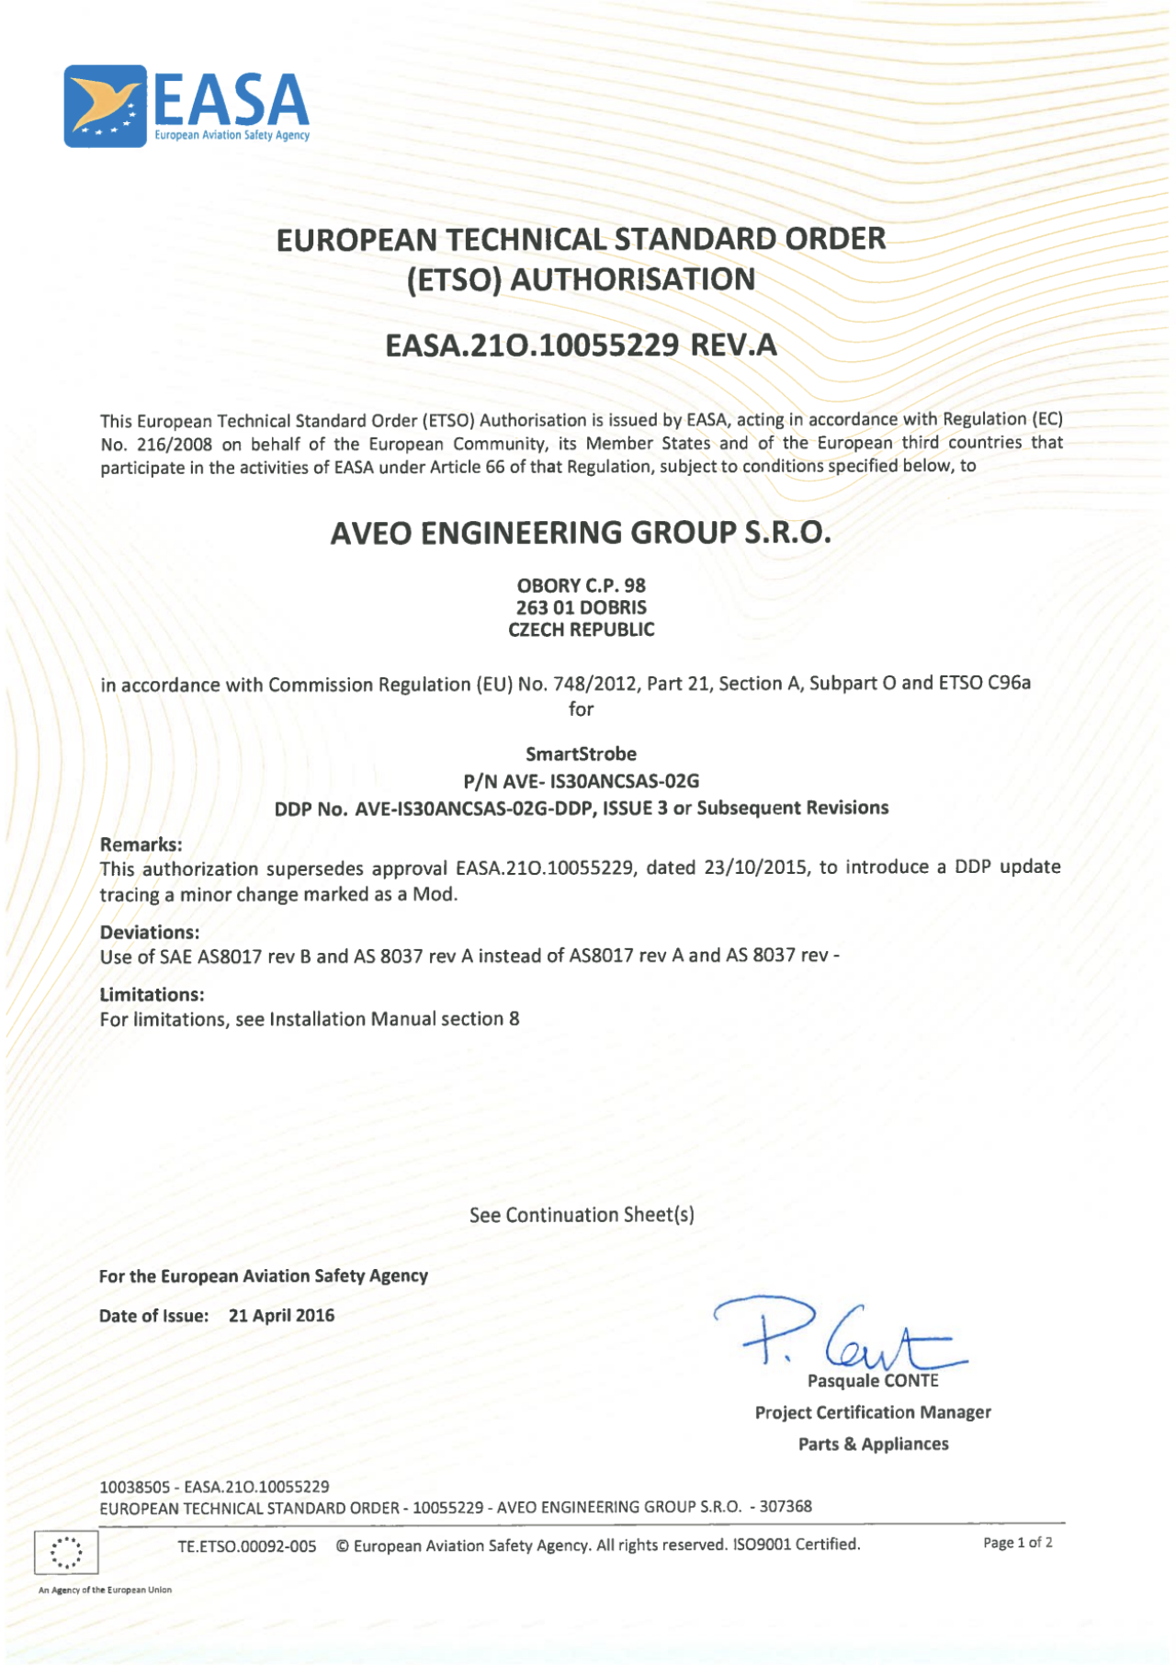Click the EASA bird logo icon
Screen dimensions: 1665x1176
[x=105, y=107]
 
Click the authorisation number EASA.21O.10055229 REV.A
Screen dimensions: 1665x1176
[x=581, y=345]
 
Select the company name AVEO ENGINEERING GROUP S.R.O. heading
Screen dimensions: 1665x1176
[x=581, y=533]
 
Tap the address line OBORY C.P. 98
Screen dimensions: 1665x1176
[x=581, y=585]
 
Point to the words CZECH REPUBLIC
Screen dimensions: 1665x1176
[x=581, y=630]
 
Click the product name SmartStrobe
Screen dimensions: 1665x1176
[x=581, y=754]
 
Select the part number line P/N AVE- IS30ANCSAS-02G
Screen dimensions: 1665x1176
[x=581, y=781]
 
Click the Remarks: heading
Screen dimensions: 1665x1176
[x=141, y=844]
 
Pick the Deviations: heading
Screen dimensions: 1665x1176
[x=149, y=932]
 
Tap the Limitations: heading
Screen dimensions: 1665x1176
[x=152, y=994]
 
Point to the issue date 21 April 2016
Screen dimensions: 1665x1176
[x=281, y=1316]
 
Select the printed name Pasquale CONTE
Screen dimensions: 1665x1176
[x=873, y=1381]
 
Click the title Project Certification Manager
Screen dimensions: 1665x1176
[x=873, y=1412]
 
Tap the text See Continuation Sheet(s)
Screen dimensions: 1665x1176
[x=582, y=1215]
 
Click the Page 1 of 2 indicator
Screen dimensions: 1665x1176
[x=1017, y=1543]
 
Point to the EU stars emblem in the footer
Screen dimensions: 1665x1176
[x=66, y=1553]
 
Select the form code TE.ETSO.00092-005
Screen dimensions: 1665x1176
[x=247, y=1546]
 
